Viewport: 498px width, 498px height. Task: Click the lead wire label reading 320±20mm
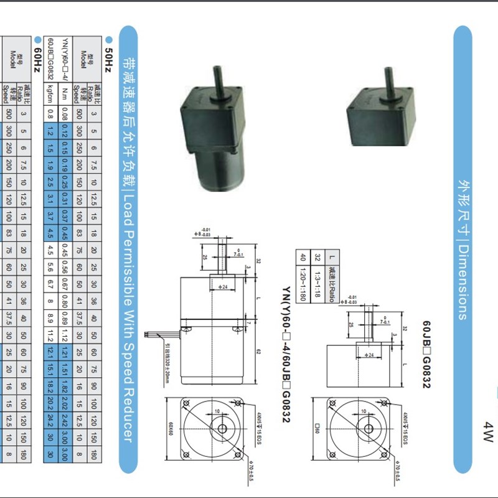[x=168, y=358]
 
